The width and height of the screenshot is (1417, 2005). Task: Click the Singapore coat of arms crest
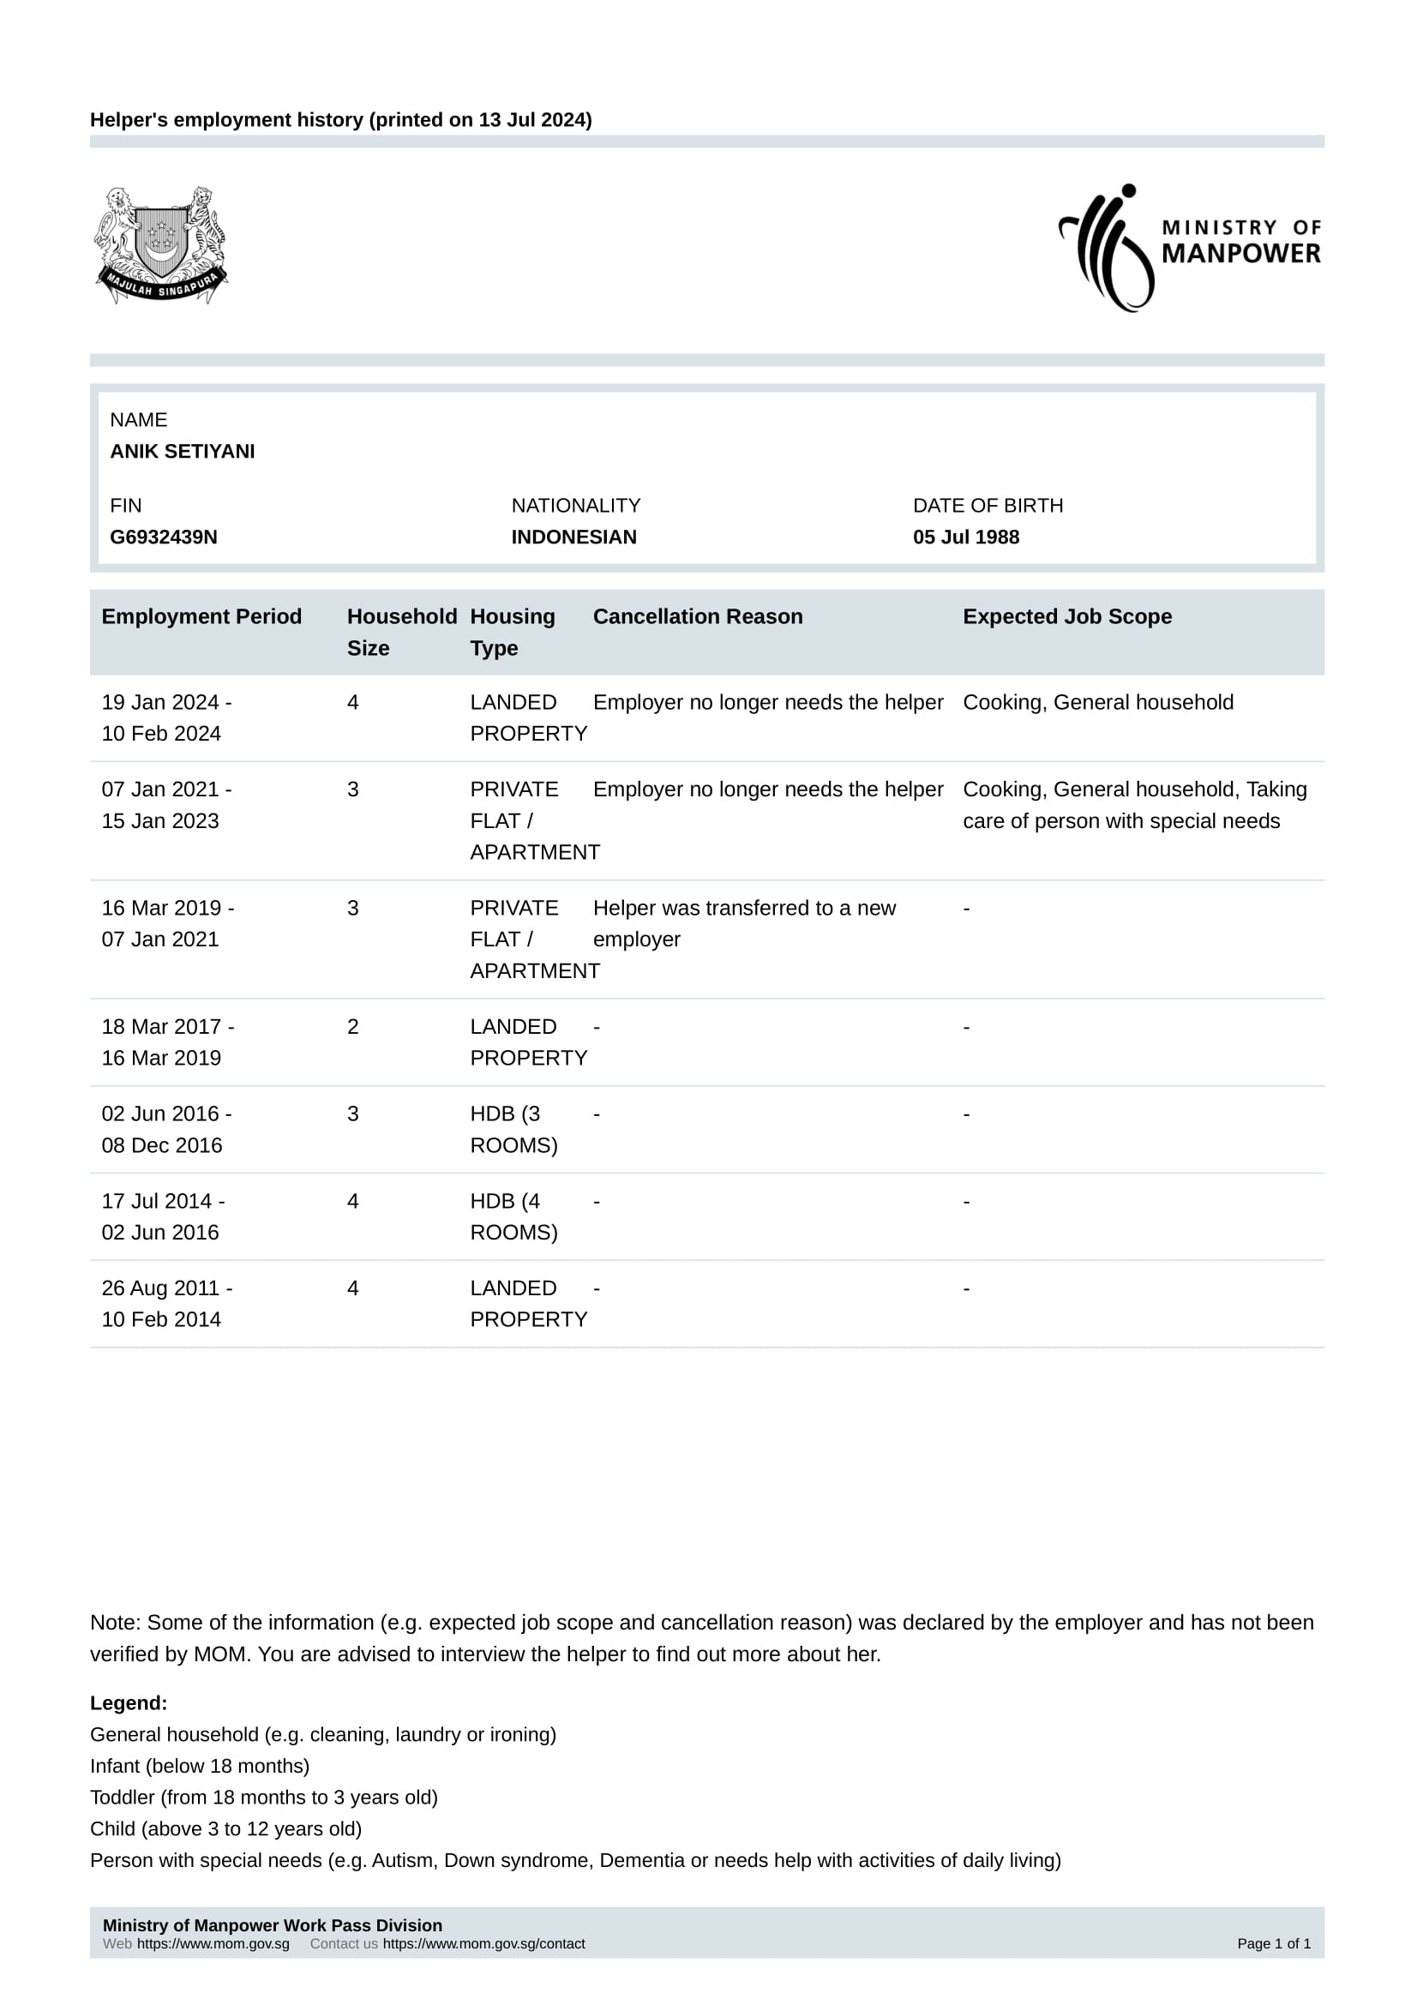point(160,244)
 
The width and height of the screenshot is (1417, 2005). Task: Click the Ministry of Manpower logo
point(1189,247)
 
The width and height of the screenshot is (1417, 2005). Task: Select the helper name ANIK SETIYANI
point(183,452)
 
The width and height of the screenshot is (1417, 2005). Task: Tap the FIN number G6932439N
point(163,537)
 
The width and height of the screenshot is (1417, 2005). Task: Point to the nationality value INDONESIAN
point(573,537)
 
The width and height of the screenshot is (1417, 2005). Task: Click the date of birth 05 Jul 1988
point(965,537)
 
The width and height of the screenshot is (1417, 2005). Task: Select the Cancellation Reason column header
point(698,616)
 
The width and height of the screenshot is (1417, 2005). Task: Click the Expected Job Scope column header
point(1067,616)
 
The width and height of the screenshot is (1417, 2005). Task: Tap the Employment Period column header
point(201,616)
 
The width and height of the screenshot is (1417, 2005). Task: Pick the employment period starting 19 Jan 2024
point(166,717)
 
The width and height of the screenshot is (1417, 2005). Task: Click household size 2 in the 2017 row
point(352,1027)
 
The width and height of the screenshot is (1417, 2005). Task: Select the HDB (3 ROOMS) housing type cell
point(513,1129)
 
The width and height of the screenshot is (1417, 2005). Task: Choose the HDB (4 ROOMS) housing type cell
point(513,1216)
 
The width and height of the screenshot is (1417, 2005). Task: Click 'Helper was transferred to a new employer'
point(744,924)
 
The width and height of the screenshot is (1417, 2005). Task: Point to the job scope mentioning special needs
point(1134,805)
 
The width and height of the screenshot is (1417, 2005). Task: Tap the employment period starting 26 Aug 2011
point(166,1304)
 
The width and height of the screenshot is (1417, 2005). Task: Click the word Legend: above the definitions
point(129,1703)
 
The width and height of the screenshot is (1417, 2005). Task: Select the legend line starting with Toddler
point(264,1798)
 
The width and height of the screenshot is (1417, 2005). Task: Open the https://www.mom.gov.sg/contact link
point(483,1944)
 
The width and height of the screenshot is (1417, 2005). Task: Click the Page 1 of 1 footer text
point(1274,1944)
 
